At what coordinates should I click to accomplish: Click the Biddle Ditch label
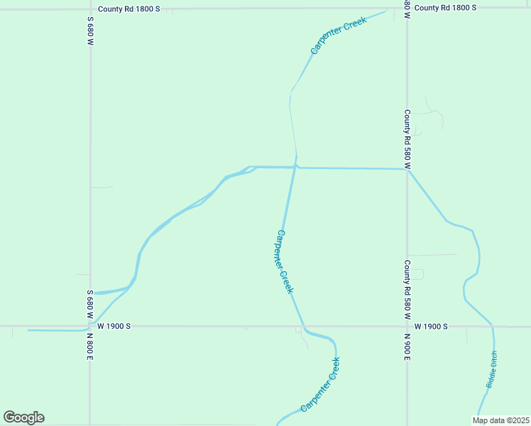(492, 369)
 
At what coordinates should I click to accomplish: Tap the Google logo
(23, 417)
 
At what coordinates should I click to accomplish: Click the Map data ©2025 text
(500, 420)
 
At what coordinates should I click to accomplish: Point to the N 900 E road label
(407, 346)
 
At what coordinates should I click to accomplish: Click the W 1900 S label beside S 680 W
(114, 327)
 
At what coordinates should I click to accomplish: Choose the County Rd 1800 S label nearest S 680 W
(130, 8)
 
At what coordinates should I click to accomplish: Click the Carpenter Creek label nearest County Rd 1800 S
(338, 37)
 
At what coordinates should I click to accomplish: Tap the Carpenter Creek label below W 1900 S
(320, 384)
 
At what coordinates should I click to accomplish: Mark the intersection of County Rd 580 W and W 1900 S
(407, 327)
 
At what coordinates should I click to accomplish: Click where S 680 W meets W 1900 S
(90, 327)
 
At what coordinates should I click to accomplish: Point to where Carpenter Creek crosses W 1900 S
(304, 327)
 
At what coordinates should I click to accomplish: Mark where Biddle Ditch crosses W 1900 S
(492, 327)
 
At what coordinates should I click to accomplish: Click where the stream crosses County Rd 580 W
(407, 169)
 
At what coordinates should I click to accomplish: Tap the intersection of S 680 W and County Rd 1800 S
(90, 9)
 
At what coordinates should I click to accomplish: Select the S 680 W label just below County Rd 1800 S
(90, 33)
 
